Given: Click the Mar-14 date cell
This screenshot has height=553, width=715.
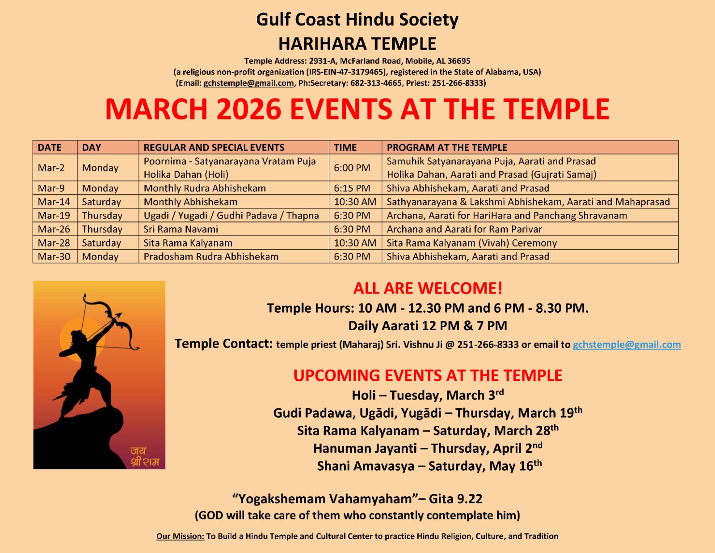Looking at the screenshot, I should [x=54, y=202].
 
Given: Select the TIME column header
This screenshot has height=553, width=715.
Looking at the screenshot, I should [x=345, y=148].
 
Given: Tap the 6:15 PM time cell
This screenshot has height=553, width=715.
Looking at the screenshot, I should [x=352, y=188].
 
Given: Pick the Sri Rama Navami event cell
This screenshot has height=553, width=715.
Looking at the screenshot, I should [x=181, y=230].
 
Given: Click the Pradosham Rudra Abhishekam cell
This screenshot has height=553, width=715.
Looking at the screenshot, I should [x=211, y=257].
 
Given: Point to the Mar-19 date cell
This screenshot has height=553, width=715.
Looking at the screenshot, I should [x=54, y=216].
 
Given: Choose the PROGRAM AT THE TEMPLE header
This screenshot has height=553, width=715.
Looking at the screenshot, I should [x=447, y=148].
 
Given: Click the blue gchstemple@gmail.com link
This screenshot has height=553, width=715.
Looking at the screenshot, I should [x=627, y=345].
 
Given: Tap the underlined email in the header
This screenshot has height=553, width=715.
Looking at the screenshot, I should [x=248, y=83].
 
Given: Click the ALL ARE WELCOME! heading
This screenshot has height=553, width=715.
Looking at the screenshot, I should [x=428, y=288].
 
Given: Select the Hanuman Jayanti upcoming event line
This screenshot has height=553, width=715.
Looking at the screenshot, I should [x=428, y=448].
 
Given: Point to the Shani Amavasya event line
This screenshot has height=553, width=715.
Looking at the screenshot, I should [x=429, y=466].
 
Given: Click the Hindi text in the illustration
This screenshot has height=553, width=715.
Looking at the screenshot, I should [x=144, y=457].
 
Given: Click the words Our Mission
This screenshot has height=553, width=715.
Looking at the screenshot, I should [x=180, y=536].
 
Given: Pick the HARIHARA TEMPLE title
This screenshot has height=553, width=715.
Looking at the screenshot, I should [x=357, y=44].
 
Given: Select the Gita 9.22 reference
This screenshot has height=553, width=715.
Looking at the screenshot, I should [x=455, y=499].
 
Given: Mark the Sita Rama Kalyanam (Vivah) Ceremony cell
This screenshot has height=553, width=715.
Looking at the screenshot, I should [x=471, y=243].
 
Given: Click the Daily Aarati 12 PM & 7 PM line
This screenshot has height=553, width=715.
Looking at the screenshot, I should [x=428, y=326].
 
